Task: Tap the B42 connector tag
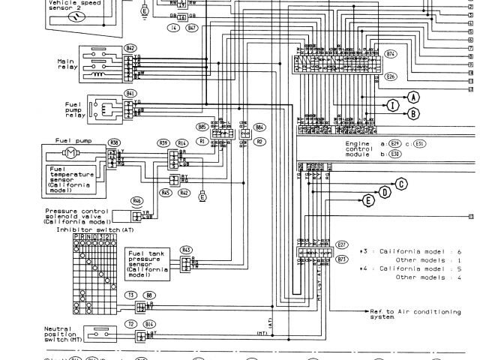point(131,48)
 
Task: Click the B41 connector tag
point(131,94)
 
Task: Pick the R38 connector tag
point(114,142)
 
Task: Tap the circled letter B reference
point(412,113)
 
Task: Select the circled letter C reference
point(402,184)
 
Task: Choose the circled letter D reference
point(385,192)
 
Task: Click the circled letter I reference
point(391,105)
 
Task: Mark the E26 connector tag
point(390,76)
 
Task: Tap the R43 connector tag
point(186,249)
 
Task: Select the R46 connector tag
point(137,200)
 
